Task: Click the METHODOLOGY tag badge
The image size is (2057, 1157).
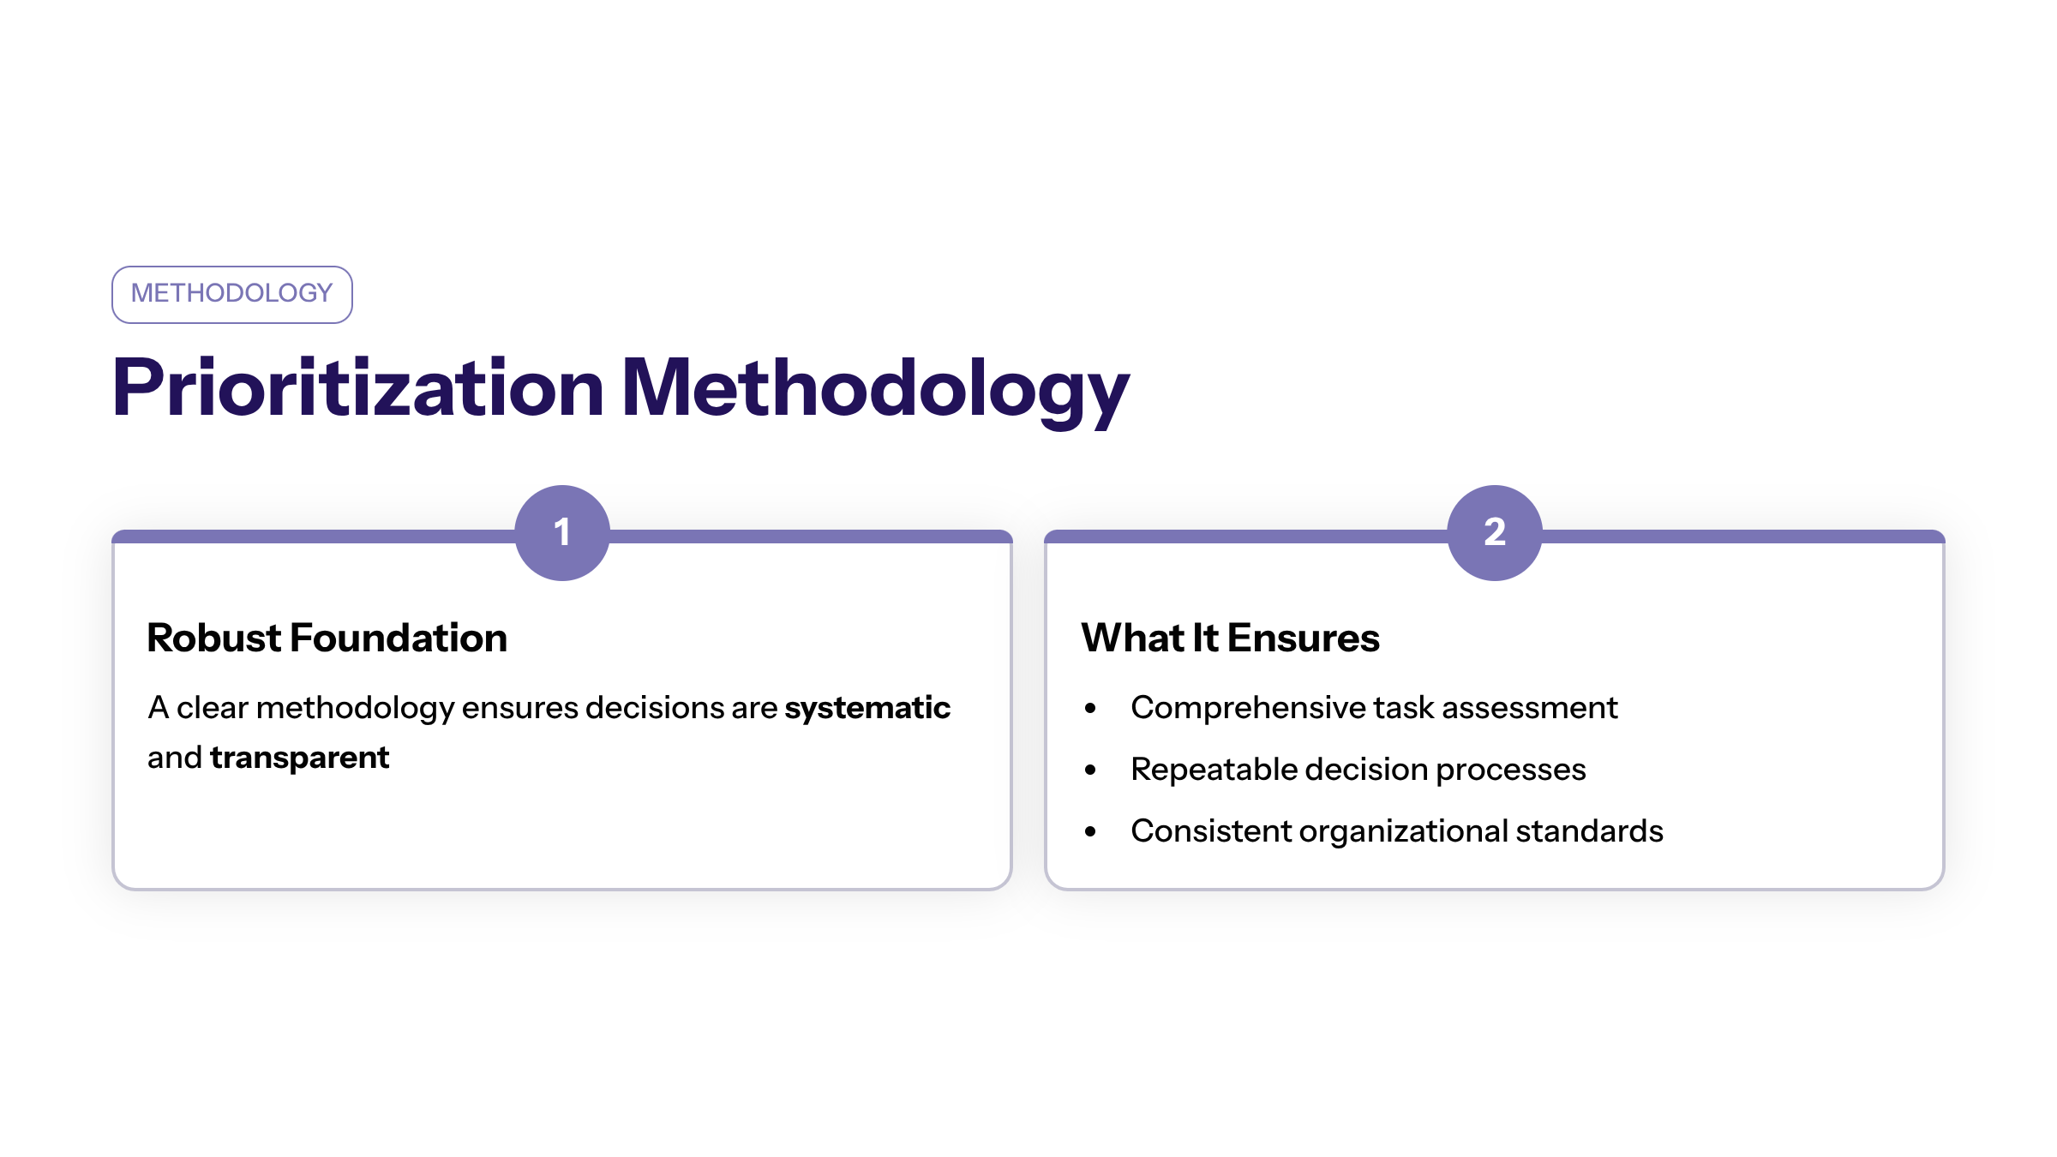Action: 231,294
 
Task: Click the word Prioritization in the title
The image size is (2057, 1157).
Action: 358,388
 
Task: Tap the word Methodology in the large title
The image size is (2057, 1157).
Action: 874,388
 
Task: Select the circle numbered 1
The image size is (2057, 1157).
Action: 562,533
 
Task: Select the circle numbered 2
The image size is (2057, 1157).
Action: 1495,533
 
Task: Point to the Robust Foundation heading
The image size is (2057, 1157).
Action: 327,638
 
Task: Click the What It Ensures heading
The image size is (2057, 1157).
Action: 1230,638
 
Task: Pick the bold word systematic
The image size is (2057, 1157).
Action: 867,708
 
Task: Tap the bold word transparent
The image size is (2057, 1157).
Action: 299,758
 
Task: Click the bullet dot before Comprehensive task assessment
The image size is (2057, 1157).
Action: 1090,709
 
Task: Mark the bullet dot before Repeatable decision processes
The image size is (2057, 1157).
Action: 1090,770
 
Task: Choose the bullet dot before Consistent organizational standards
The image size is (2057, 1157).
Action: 1090,832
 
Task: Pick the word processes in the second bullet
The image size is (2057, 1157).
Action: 1510,770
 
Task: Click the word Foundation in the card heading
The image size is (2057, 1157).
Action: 399,638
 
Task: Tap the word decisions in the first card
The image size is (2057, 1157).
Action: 654,708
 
